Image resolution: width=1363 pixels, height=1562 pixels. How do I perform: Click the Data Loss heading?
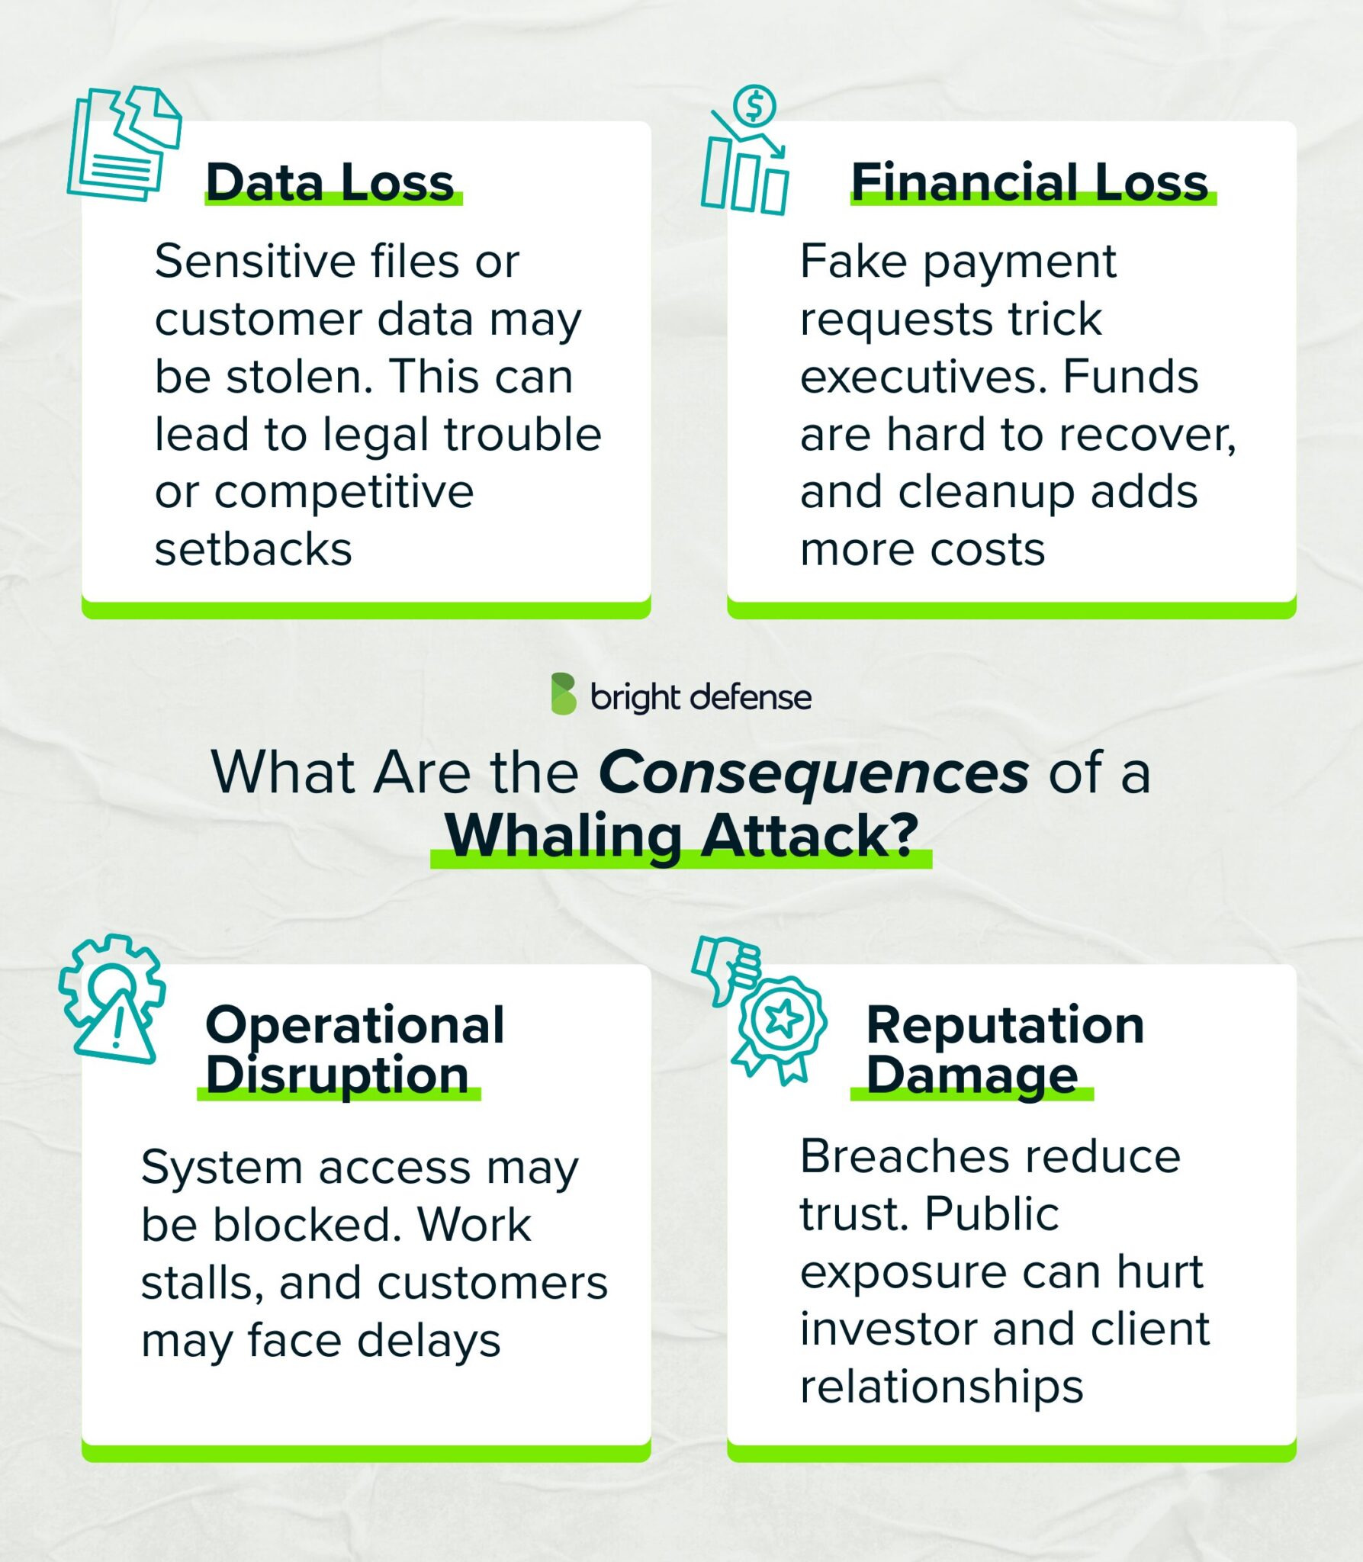coord(329,183)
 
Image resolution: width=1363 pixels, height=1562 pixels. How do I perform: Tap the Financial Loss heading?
coord(1030,183)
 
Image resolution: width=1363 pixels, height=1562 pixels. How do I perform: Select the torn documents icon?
coord(124,143)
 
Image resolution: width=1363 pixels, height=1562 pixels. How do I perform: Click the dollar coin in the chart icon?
coord(754,107)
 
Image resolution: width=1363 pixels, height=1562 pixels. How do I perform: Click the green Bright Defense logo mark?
coord(564,694)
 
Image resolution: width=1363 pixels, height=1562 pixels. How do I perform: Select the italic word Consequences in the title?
coord(814,773)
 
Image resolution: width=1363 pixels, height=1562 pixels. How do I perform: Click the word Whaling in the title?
coord(563,836)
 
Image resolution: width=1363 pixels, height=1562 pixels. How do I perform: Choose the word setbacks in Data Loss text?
coord(253,549)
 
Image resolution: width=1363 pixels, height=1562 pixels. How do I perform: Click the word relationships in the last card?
coord(941,1386)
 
